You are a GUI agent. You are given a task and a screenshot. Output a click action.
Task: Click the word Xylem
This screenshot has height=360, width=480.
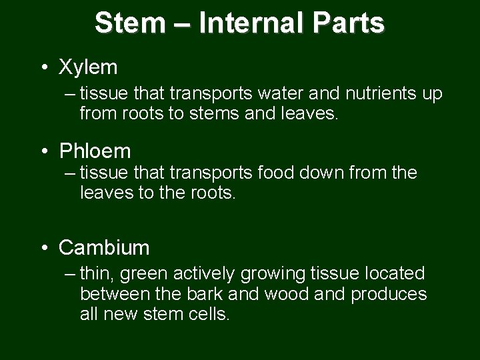point(88,67)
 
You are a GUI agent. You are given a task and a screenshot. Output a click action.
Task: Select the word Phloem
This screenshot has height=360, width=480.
point(95,151)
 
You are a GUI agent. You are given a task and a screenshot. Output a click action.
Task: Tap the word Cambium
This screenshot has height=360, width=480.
point(104,248)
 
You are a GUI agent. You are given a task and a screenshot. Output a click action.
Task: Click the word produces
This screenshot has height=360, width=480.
point(389,294)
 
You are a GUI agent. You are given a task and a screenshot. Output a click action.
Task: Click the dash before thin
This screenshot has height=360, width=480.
point(71,273)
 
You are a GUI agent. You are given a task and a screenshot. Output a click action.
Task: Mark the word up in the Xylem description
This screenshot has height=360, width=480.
point(431,94)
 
